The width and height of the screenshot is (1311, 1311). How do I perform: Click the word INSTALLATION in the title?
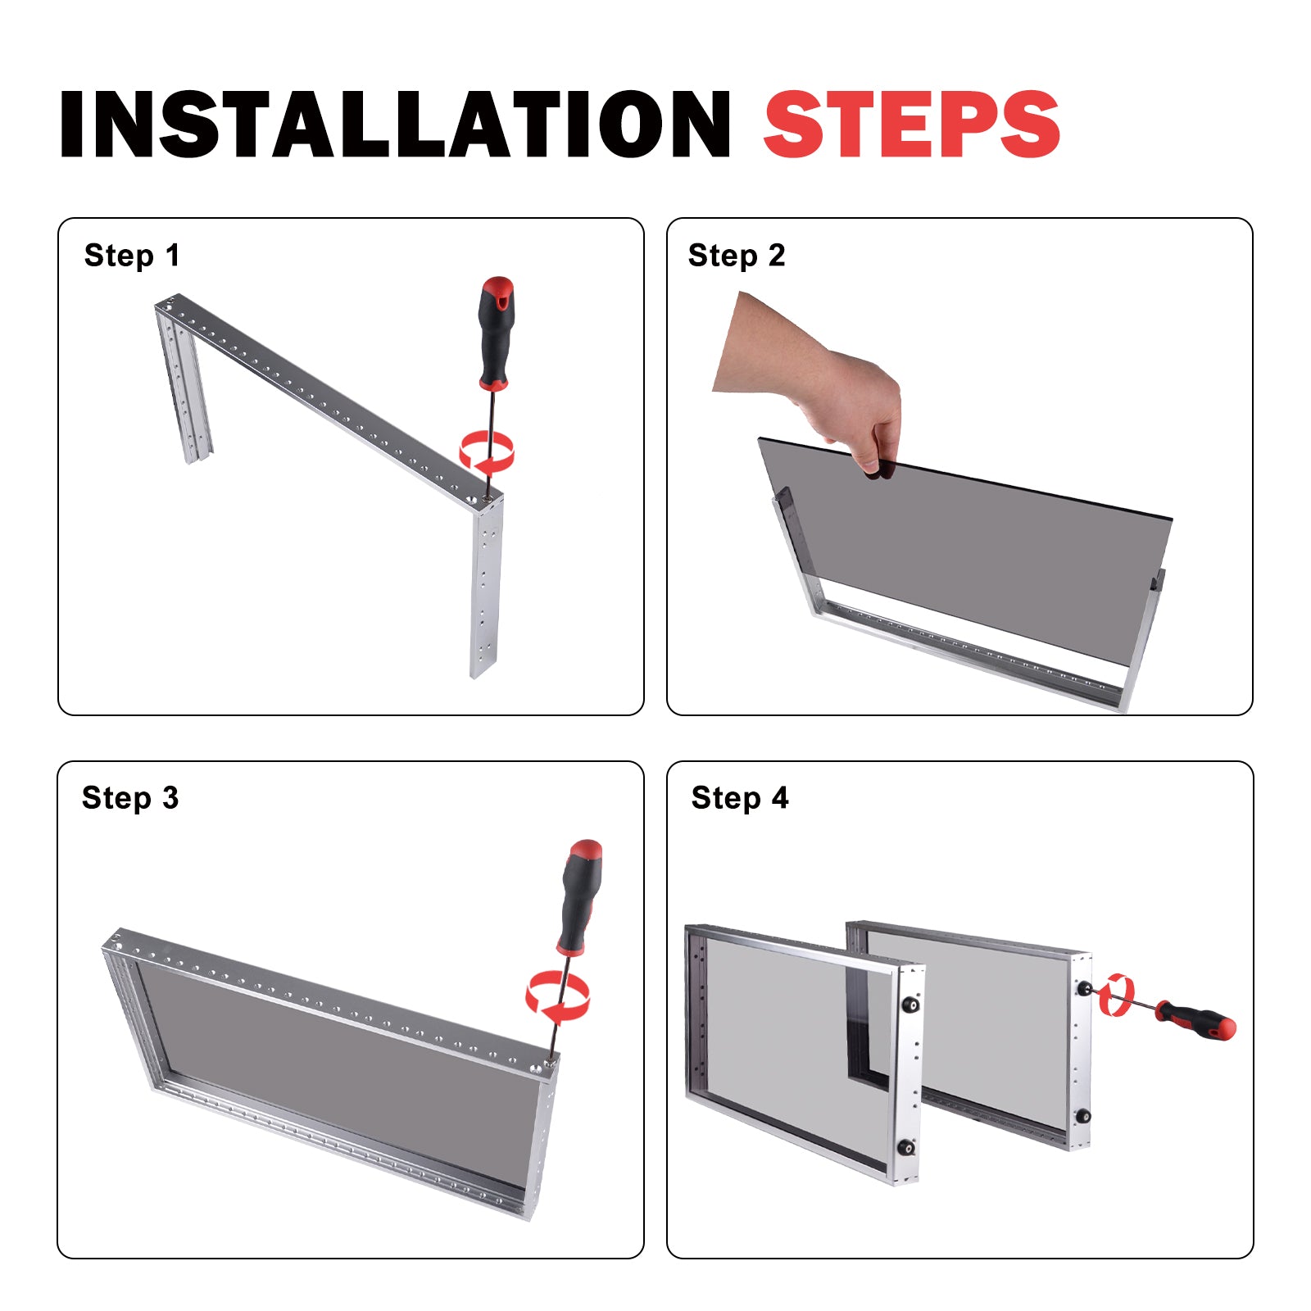coord(395,124)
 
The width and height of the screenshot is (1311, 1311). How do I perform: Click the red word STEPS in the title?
coord(912,124)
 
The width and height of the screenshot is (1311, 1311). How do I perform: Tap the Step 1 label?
coord(132,256)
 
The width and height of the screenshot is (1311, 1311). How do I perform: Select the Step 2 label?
coord(737,256)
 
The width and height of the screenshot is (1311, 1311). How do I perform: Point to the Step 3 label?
coord(130,799)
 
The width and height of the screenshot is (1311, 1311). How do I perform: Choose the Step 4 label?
coord(740,799)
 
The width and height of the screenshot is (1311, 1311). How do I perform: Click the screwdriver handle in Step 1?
coord(496,333)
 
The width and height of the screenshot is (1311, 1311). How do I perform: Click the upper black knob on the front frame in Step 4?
coord(910,1004)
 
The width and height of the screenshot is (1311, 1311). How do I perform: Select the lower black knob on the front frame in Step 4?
coord(907,1147)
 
